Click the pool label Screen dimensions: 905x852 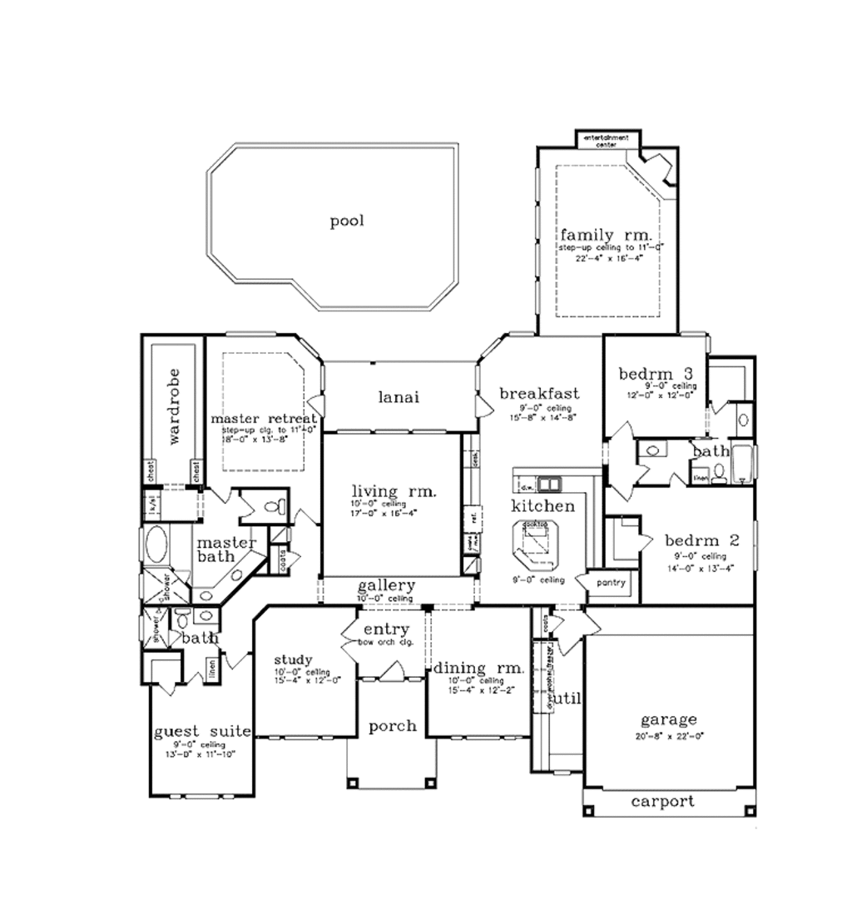(x=347, y=221)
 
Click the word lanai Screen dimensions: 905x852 (x=399, y=397)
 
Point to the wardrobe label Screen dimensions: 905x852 (x=173, y=405)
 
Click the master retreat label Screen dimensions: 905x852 (x=263, y=417)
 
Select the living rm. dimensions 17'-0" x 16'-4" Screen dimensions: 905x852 (x=384, y=513)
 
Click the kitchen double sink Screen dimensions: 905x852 (x=548, y=484)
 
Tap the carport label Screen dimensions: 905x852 (x=662, y=802)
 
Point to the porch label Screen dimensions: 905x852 (x=392, y=726)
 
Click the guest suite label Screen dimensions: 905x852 (x=202, y=732)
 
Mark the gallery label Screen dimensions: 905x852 (x=386, y=586)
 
